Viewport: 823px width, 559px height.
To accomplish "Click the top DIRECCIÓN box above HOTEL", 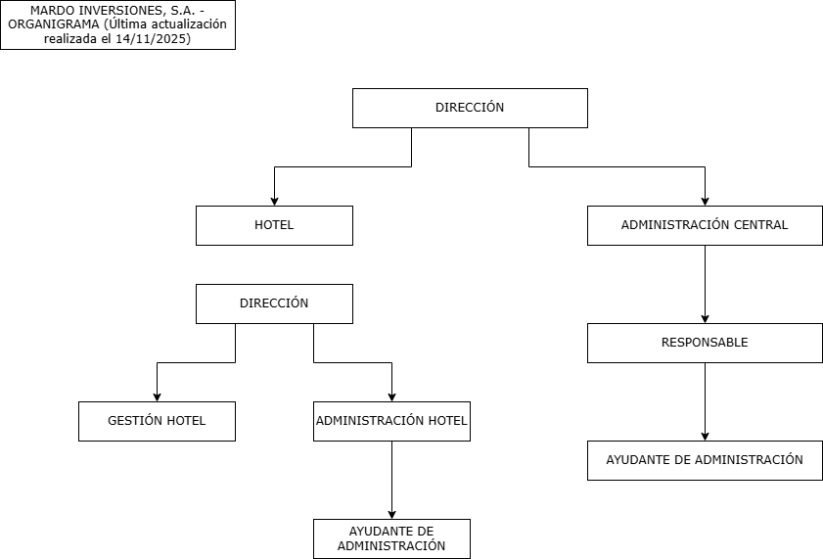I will pyautogui.click(x=470, y=108).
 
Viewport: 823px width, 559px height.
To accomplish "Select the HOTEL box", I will pyautogui.click(x=274, y=225).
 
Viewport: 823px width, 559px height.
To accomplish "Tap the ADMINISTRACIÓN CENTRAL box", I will pyautogui.click(x=705, y=225).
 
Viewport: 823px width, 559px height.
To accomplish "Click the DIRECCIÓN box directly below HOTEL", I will pyautogui.click(x=274, y=303).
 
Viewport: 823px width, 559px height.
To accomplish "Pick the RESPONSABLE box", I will pyautogui.click(x=705, y=343).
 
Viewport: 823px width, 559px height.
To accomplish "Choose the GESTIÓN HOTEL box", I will pyautogui.click(x=157, y=421).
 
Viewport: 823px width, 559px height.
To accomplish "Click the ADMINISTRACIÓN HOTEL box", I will pyautogui.click(x=391, y=421).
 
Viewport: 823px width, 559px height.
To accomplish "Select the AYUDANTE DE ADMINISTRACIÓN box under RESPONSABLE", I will pyautogui.click(x=705, y=460).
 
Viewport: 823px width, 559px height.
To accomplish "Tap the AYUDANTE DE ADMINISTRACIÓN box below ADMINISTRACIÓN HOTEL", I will pyautogui.click(x=391, y=538).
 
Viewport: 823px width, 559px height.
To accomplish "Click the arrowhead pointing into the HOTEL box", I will pyautogui.click(x=274, y=201).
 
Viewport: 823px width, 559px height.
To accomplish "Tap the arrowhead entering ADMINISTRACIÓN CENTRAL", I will pyautogui.click(x=705, y=201).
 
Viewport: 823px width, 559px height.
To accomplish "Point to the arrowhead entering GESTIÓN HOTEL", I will pyautogui.click(x=157, y=396).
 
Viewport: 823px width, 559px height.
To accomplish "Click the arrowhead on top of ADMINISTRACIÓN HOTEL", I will pyautogui.click(x=391, y=396).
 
